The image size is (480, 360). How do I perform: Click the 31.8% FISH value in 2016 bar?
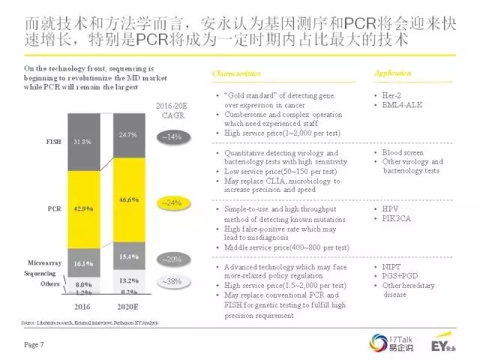(83, 141)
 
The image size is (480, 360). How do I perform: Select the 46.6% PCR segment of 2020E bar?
(128, 201)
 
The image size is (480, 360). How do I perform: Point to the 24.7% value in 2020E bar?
(128, 135)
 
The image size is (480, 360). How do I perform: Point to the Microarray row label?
(44, 264)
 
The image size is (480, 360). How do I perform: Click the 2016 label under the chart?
(83, 307)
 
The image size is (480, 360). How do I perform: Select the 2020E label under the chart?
(128, 307)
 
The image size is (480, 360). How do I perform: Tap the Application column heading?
(392, 73)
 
